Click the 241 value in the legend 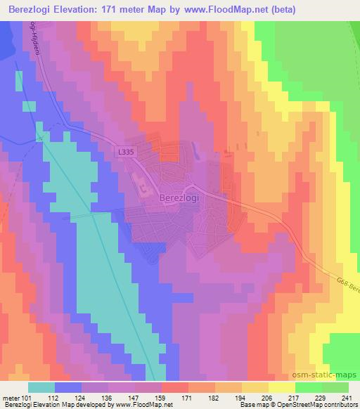pyautogui.click(x=343, y=397)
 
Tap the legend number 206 pyautogui.click(x=265, y=397)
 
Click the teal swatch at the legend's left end pyautogui.click(x=41, y=387)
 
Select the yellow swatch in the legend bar pyautogui.click(x=282, y=387)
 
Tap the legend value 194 pyautogui.click(x=239, y=397)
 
